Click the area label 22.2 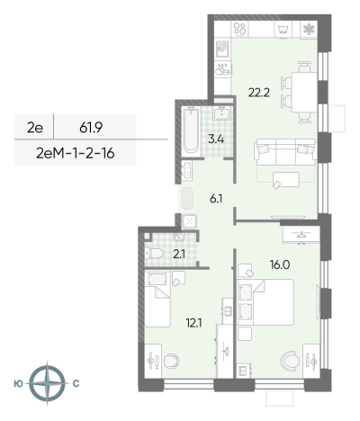(x=259, y=93)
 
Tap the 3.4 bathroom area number (x=216, y=139)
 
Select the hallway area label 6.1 (x=216, y=199)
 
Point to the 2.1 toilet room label (x=179, y=255)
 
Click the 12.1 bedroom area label (x=193, y=323)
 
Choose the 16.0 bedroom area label (x=279, y=264)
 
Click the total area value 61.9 (x=91, y=128)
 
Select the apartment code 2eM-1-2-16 (x=76, y=154)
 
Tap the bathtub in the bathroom (x=192, y=130)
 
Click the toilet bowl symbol (x=155, y=254)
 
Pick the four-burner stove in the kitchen (x=239, y=30)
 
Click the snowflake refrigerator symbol (x=308, y=29)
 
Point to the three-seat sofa (x=285, y=152)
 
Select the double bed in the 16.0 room (x=265, y=302)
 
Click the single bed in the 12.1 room (x=157, y=299)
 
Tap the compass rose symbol (x=47, y=383)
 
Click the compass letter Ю (x=19, y=384)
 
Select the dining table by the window (x=304, y=92)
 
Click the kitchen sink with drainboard (x=222, y=49)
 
